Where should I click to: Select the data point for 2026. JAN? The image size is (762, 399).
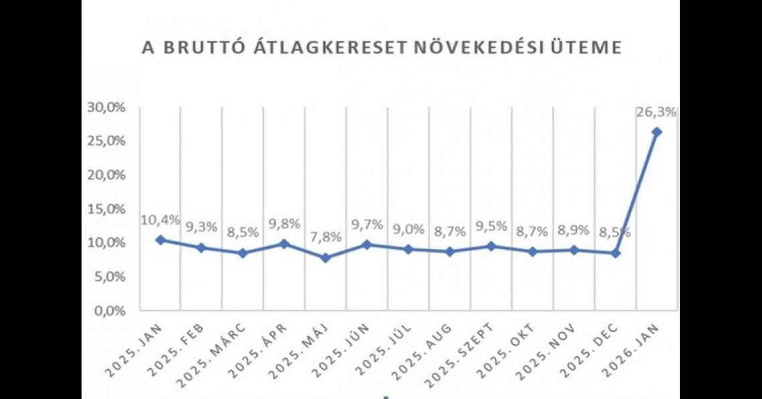coord(657,132)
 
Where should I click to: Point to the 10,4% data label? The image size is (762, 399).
coord(159,221)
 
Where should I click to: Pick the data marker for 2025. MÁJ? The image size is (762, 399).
coord(326,257)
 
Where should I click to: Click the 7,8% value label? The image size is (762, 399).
coord(326,237)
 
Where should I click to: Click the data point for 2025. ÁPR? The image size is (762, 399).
coord(284,244)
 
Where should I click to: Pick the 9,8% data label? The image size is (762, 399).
coord(283,223)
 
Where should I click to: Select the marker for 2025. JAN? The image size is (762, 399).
coord(160,240)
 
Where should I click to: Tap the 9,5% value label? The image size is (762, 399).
coord(491,226)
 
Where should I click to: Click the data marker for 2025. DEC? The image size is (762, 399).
coord(616,253)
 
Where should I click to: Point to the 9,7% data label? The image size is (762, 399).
coord(366,225)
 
